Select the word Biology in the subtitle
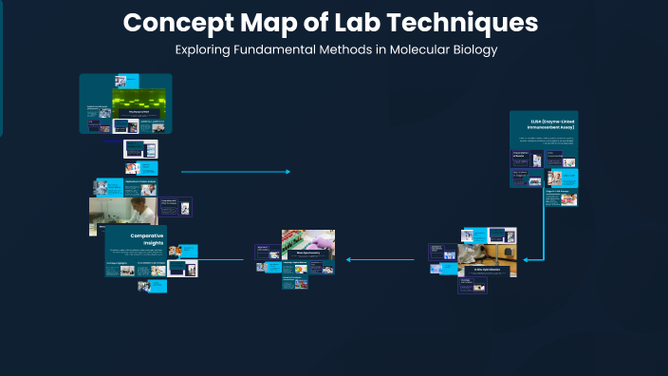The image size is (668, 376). [472, 49]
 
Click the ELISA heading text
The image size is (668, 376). [544, 123]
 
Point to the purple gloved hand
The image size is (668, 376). [320, 241]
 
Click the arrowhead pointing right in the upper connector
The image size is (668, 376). [288, 172]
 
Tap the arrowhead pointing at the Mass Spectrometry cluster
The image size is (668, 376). [348, 259]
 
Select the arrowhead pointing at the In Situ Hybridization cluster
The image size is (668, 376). [527, 258]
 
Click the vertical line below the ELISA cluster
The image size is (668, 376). [544, 228]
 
